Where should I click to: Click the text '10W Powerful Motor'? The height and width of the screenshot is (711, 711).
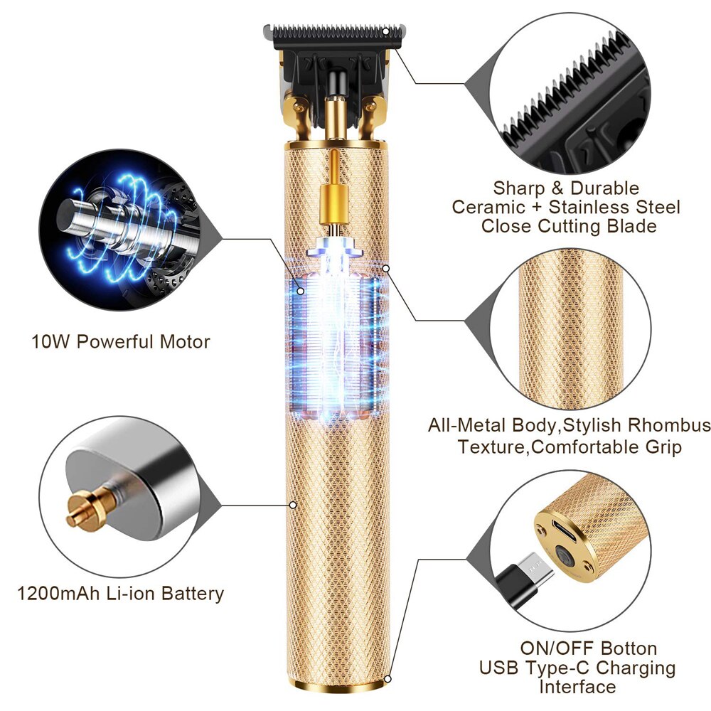pyautogui.click(x=121, y=342)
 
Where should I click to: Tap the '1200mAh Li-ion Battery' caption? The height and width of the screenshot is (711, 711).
pyautogui.click(x=121, y=594)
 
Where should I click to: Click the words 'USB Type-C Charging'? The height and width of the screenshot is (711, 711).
pyautogui.click(x=577, y=668)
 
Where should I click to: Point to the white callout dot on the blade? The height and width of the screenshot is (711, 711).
pyautogui.click(x=387, y=31)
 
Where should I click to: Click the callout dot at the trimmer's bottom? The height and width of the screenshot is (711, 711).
pyautogui.click(x=387, y=680)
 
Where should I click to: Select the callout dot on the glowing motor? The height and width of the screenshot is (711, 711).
pyautogui.click(x=301, y=290)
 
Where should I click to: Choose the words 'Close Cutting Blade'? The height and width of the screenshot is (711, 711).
pyautogui.click(x=568, y=226)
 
